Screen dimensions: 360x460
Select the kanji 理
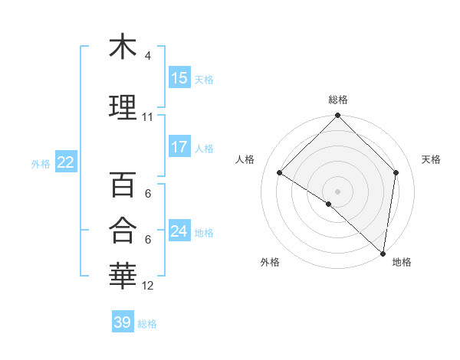click(x=123, y=107)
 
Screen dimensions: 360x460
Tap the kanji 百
click(x=123, y=185)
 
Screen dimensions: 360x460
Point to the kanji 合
click(x=123, y=230)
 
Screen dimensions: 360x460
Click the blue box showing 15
click(x=179, y=78)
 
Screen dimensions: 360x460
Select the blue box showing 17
click(x=179, y=147)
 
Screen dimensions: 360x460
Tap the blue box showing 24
click(x=179, y=231)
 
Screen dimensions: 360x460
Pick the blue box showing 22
click(x=65, y=162)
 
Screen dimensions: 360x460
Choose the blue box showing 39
click(x=122, y=322)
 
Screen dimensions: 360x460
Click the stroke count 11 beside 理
click(x=148, y=117)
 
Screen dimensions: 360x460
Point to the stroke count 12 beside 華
click(x=148, y=286)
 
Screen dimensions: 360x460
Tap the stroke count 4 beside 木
click(x=148, y=56)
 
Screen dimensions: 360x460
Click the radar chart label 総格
click(x=337, y=100)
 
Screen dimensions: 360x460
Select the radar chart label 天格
click(x=431, y=159)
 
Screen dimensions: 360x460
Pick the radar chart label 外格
click(x=270, y=262)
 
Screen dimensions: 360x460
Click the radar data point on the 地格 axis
click(x=383, y=253)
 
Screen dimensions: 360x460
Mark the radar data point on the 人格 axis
click(x=280, y=173)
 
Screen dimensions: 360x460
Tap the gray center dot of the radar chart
click(x=337, y=191)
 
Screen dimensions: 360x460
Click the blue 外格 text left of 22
click(x=41, y=163)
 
